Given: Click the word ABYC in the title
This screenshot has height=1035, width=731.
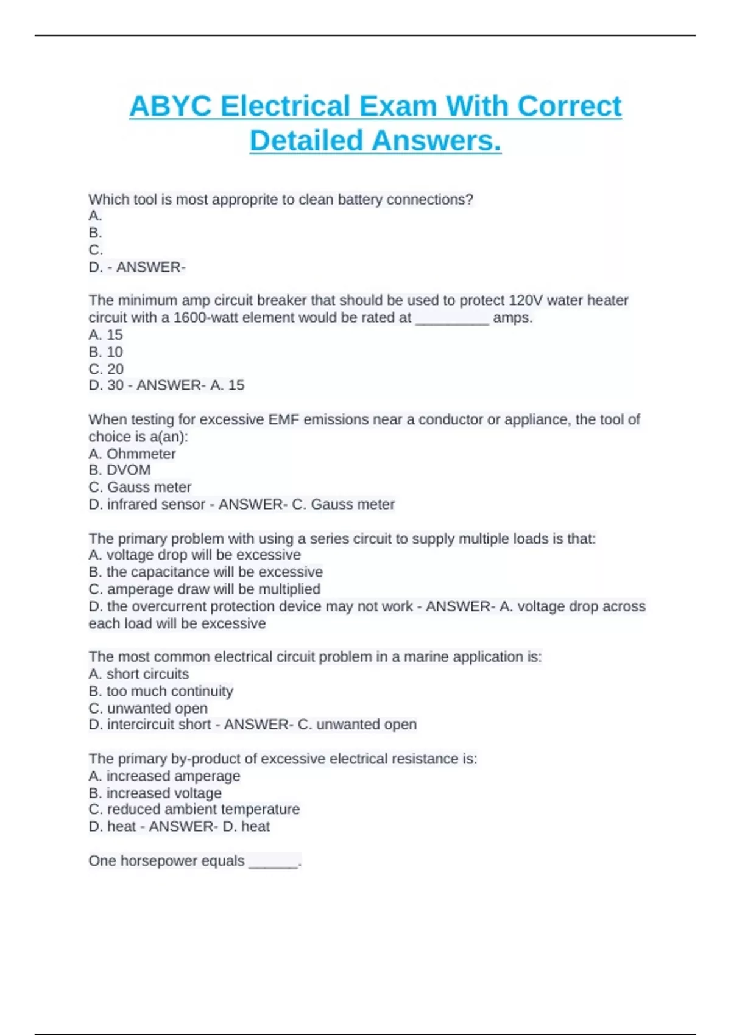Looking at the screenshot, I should pyautogui.click(x=170, y=107).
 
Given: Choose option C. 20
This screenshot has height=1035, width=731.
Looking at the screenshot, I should pyautogui.click(x=106, y=369).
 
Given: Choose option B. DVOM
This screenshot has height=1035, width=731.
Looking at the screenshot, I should pyautogui.click(x=119, y=470).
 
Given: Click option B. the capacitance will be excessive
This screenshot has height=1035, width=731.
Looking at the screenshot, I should pyautogui.click(x=205, y=572).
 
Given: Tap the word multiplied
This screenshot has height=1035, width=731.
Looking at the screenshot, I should pyautogui.click(x=289, y=589).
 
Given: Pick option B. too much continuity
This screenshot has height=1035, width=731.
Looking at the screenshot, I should pyautogui.click(x=161, y=691).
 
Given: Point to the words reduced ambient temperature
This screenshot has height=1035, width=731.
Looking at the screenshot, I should pyautogui.click(x=203, y=809).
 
